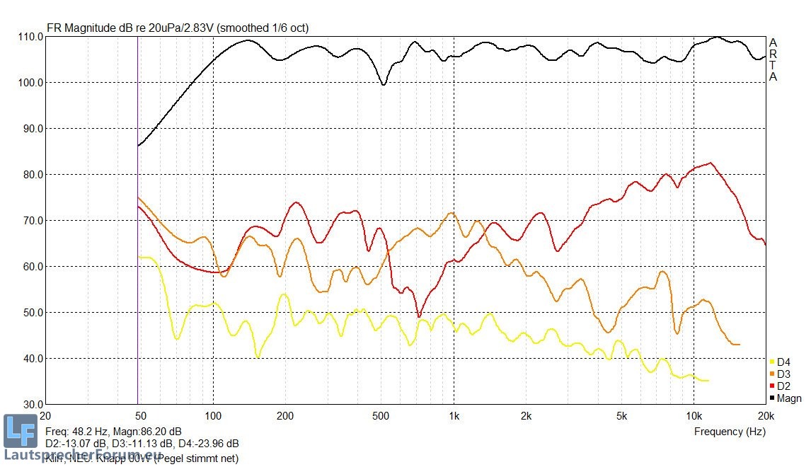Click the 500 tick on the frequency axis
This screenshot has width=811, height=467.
coord(381,416)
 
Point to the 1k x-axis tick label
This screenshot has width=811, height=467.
coord(454,416)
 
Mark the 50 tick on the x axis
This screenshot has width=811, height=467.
coord(140,416)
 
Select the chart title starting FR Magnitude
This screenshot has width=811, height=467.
coord(178,28)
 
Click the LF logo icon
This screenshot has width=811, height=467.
coord(20,431)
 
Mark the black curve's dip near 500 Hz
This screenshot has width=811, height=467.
coord(384,85)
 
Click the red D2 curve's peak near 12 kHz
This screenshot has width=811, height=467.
coord(710,163)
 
